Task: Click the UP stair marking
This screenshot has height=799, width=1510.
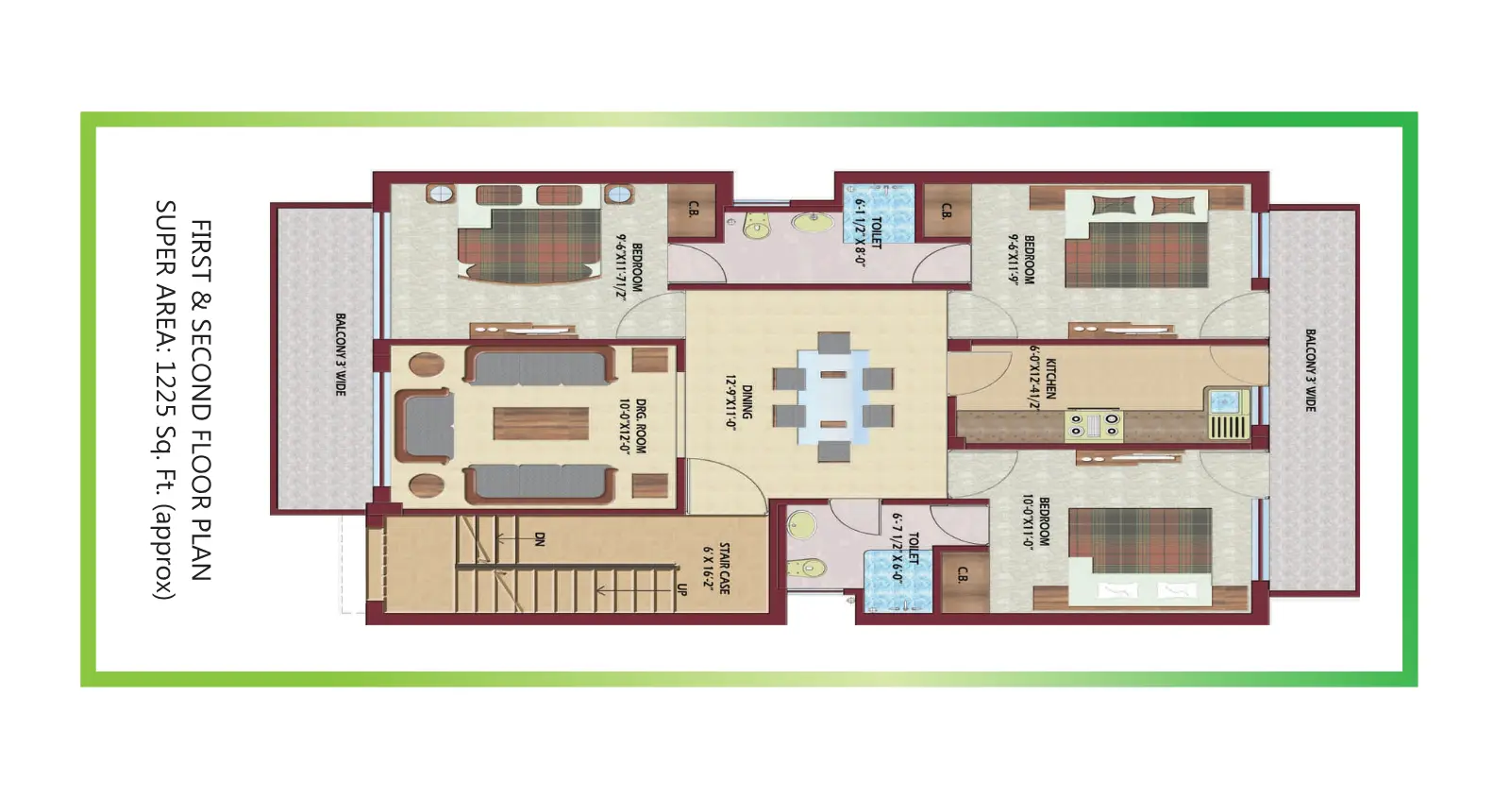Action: pyautogui.click(x=680, y=590)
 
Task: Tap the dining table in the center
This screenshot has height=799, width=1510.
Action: pyautogui.click(x=832, y=397)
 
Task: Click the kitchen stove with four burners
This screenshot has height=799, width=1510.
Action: pyautogui.click(x=1094, y=425)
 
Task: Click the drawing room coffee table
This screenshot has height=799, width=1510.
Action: pyautogui.click(x=541, y=423)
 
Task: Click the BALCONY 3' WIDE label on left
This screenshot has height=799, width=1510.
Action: pyautogui.click(x=340, y=354)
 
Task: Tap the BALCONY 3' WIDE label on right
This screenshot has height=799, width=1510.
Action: pyautogui.click(x=1310, y=369)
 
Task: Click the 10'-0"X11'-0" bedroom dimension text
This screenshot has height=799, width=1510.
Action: pyautogui.click(x=1027, y=521)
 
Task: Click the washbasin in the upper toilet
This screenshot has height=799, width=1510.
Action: pyautogui.click(x=810, y=222)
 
